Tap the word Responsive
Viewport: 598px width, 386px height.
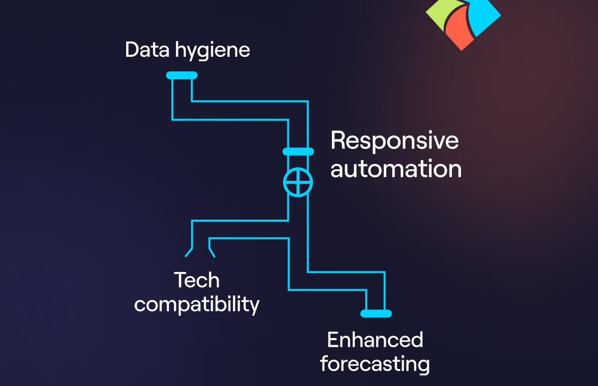point(394,141)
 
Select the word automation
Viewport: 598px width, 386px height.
point(396,169)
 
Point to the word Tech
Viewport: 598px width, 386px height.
point(196,280)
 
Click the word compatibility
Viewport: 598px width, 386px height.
point(197,304)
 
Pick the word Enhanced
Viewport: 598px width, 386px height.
point(375,340)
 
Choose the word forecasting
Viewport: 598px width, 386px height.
point(375,364)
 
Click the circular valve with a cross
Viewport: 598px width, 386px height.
point(298,183)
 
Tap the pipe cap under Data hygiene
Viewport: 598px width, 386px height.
point(182,75)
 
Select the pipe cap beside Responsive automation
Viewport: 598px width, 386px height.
point(298,151)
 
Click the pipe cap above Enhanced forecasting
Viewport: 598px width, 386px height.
point(376,313)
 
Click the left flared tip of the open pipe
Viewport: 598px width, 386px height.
point(188,253)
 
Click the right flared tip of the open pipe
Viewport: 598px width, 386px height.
point(212,253)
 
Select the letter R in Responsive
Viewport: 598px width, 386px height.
point(338,141)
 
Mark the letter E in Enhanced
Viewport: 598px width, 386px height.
point(333,340)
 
